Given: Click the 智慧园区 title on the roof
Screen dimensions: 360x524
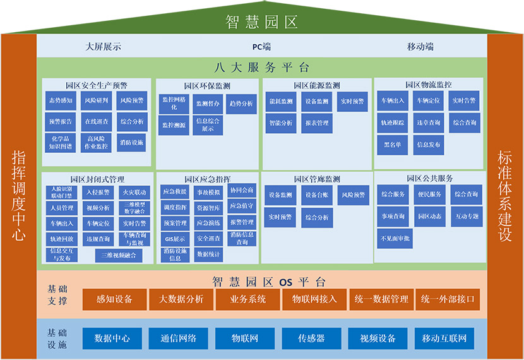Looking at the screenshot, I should [261, 23].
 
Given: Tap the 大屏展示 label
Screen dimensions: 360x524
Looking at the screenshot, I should [104, 46].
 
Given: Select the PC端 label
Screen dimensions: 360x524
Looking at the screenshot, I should [261, 46].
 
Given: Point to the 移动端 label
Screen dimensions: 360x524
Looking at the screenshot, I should [420, 46].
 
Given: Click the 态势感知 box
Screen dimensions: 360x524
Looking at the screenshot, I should [61, 100].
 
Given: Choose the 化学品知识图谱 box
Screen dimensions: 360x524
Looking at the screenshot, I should [61, 142].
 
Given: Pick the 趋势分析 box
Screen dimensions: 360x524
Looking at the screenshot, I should [241, 104].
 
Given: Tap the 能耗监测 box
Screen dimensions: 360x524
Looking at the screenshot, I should [281, 101].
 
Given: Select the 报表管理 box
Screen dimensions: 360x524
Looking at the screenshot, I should [316, 123].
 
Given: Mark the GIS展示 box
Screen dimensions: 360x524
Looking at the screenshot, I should [175, 239].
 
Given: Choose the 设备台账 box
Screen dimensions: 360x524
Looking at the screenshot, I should [317, 195].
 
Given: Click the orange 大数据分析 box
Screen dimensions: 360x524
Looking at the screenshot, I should [181, 299].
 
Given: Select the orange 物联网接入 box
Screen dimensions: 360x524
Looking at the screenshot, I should [314, 299].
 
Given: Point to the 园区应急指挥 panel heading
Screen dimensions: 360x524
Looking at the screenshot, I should [207, 179].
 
